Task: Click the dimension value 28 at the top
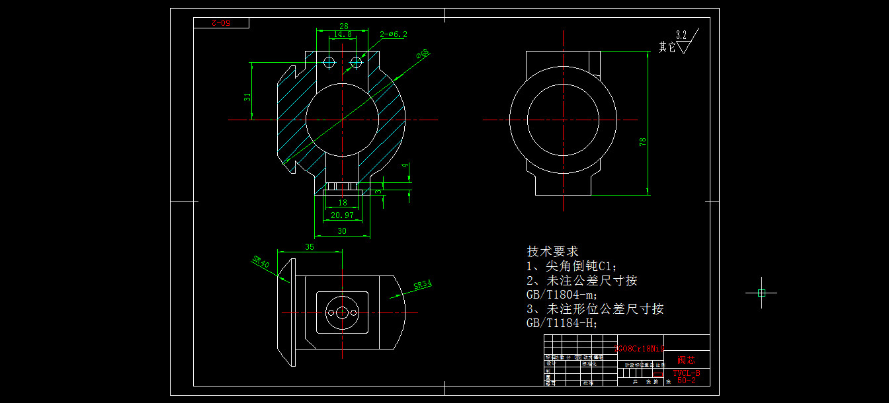[343, 26]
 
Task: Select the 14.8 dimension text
[343, 34]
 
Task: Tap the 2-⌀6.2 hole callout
[394, 34]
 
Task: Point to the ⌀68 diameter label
[423, 54]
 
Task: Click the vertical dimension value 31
[247, 96]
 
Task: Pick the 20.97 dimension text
[342, 215]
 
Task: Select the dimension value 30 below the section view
[342, 231]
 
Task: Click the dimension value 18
[342, 203]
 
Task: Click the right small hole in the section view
[357, 62]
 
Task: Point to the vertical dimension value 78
[642, 142]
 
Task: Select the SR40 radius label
[261, 262]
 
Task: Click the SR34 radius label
[422, 285]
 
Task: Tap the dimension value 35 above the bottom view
[309, 247]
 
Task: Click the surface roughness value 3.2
[681, 34]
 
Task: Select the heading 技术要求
[552, 252]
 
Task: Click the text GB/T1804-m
[562, 295]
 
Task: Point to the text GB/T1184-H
[562, 323]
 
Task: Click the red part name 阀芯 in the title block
[686, 361]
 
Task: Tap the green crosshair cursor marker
[761, 293]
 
